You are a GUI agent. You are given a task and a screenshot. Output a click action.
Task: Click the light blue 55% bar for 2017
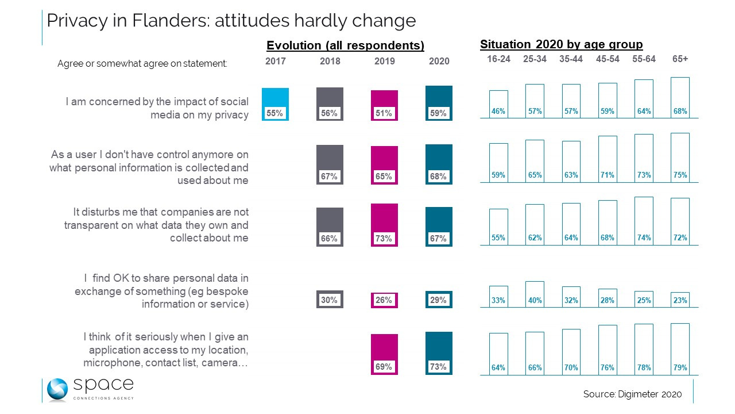pyautogui.click(x=275, y=104)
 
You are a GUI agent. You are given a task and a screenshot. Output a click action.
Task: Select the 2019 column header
pyautogui.click(x=384, y=61)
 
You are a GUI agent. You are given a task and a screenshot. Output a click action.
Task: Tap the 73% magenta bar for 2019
pyautogui.click(x=384, y=225)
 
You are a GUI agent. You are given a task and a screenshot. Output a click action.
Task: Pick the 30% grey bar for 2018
pyautogui.click(x=330, y=300)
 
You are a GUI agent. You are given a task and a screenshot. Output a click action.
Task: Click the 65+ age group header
pyautogui.click(x=680, y=59)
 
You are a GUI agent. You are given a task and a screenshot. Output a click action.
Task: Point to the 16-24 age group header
pyautogui.click(x=498, y=59)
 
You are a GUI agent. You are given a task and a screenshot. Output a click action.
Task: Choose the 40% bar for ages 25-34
pyautogui.click(x=535, y=294)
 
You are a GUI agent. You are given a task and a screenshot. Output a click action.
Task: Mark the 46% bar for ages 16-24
pyautogui.click(x=498, y=104)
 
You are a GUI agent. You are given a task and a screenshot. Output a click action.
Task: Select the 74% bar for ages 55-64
pyautogui.click(x=644, y=221)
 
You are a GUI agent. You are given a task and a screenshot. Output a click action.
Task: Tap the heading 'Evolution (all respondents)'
pyautogui.click(x=345, y=45)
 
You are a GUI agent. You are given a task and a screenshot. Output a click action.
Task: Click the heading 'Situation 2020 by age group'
pyautogui.click(x=561, y=44)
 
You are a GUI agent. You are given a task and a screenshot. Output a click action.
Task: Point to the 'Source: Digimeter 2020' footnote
pyautogui.click(x=632, y=394)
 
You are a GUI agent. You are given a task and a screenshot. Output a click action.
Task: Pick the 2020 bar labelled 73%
pyautogui.click(x=439, y=354)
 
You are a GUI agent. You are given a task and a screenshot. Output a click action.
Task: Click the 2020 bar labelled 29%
pyautogui.click(x=439, y=300)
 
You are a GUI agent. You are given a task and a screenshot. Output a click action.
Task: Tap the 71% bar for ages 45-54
pyautogui.click(x=608, y=159)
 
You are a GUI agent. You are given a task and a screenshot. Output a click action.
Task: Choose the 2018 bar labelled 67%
pyautogui.click(x=330, y=164)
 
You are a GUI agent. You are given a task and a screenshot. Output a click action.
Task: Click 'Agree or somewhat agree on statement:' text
pyautogui.click(x=142, y=64)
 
